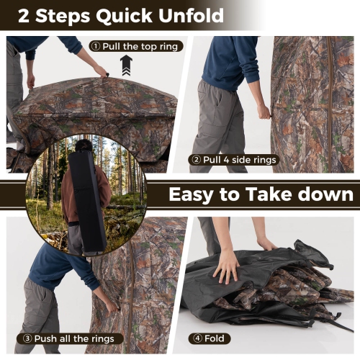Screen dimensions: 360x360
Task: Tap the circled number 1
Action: coord(95,46)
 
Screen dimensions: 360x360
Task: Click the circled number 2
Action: coord(196,160)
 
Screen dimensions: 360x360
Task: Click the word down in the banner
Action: coord(328,194)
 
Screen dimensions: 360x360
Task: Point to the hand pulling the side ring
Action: coord(264,112)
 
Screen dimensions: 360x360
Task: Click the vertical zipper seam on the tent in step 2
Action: coord(330,94)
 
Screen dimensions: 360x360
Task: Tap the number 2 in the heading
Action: coord(24,15)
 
